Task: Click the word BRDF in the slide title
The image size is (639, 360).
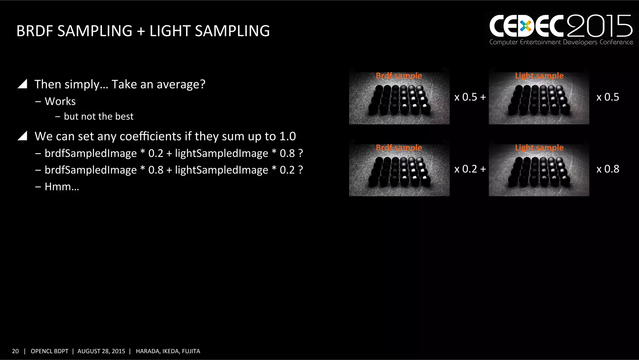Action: (35, 31)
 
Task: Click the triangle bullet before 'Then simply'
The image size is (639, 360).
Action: (22, 84)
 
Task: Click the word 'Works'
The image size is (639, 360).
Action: (60, 101)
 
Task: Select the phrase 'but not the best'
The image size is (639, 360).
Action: (99, 116)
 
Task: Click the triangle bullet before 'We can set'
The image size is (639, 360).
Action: (22, 136)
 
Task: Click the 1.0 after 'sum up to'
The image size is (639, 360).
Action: (287, 136)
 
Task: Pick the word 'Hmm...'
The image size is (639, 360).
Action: (62, 187)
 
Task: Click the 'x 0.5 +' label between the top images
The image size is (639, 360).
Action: (470, 97)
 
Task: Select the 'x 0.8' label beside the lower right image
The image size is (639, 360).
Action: (608, 169)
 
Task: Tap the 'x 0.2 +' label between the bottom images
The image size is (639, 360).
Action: (470, 169)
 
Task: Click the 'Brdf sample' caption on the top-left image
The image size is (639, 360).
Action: (399, 76)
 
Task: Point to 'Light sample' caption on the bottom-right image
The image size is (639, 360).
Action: (539, 148)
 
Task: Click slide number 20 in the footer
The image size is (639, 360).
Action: (15, 351)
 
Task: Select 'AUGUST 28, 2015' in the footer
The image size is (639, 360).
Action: (101, 351)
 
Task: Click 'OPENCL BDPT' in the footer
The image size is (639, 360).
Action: (49, 351)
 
